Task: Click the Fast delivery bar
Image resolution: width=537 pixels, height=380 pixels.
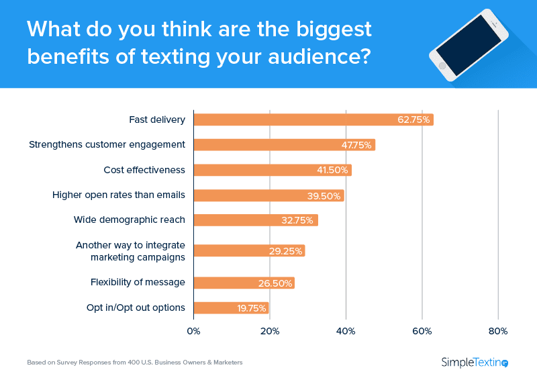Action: click(x=313, y=120)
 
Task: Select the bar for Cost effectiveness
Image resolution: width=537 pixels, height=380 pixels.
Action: click(x=273, y=170)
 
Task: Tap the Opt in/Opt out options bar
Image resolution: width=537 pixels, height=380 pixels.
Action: click(x=231, y=308)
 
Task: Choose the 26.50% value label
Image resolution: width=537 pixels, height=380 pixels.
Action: click(x=275, y=283)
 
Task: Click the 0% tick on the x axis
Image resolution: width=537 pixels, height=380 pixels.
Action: click(x=193, y=331)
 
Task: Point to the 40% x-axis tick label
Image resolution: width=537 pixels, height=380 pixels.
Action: click(x=346, y=331)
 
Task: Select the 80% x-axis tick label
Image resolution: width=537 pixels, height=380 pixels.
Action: click(x=498, y=331)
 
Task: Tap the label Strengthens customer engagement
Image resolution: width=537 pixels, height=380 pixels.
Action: click(x=107, y=144)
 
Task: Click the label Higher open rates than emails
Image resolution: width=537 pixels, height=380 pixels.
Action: click(x=119, y=195)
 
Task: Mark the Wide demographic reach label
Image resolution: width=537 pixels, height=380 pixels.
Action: click(x=129, y=220)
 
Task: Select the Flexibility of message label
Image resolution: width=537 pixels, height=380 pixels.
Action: click(x=138, y=282)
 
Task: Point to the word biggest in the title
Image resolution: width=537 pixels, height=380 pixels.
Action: click(x=332, y=29)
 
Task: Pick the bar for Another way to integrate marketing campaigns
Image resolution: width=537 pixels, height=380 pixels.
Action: click(x=249, y=251)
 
